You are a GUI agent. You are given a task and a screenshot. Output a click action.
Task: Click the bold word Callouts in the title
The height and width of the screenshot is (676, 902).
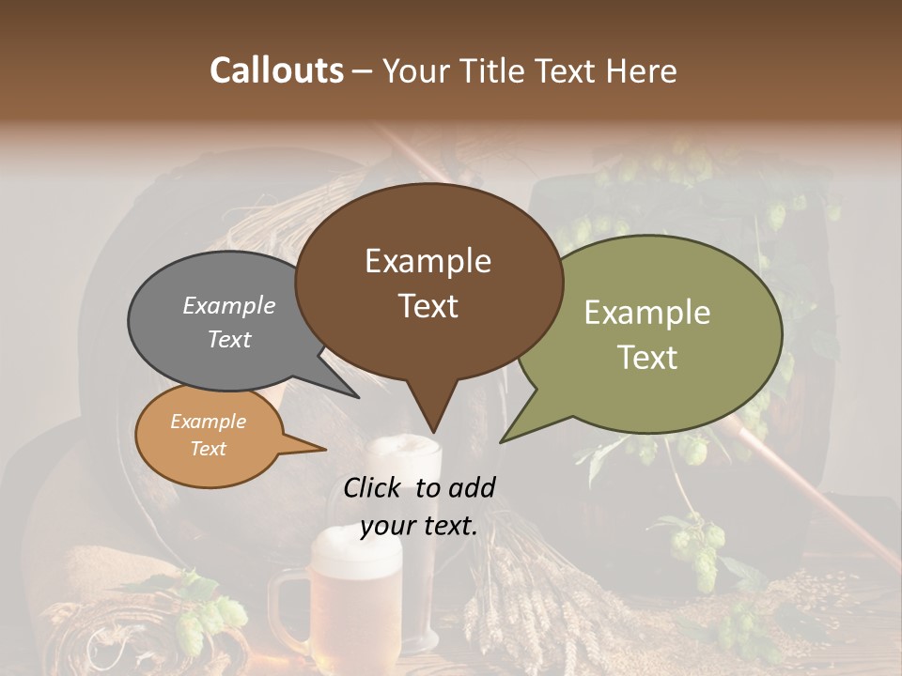click(x=276, y=70)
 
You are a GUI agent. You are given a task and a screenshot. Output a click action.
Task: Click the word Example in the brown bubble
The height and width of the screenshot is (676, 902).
click(x=428, y=261)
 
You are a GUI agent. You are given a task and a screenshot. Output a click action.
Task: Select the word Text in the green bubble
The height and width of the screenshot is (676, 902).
click(x=647, y=358)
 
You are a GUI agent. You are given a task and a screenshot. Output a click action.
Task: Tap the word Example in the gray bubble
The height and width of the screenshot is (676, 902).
click(x=229, y=305)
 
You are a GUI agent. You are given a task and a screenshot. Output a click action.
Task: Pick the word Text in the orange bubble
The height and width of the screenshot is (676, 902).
click(x=209, y=449)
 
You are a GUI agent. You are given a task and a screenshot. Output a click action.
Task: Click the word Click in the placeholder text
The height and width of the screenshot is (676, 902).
click(x=374, y=487)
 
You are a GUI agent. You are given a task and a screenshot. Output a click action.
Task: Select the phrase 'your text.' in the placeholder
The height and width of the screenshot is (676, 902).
click(x=419, y=526)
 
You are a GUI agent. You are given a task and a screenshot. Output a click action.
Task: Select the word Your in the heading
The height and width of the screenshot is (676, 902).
click(x=418, y=70)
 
